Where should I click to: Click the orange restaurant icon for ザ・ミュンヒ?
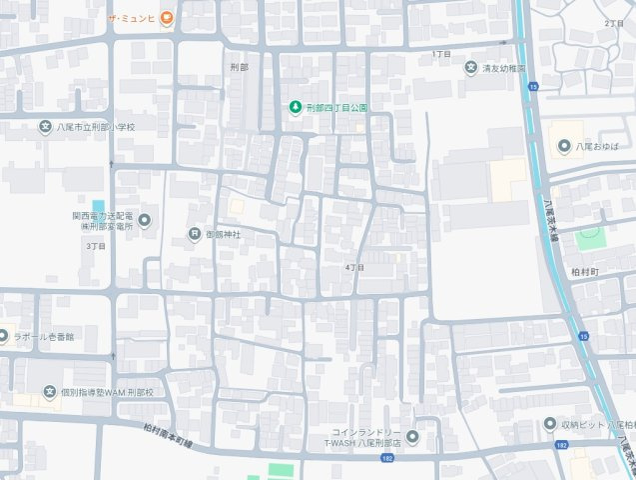pos(167,17)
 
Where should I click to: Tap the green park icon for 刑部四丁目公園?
pos(295,107)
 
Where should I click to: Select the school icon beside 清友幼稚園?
pos(471,68)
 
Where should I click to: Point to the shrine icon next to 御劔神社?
pos(194,234)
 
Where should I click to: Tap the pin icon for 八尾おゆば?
pos(563,146)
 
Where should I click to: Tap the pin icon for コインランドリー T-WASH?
pos(413,436)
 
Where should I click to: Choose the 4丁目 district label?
pos(354,268)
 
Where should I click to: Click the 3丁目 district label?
pos(96,245)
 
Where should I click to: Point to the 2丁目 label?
pos(613,22)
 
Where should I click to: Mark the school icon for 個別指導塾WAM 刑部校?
pos(49,392)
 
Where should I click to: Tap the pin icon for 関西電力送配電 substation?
pos(145,220)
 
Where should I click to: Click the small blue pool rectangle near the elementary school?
pos(98,207)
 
